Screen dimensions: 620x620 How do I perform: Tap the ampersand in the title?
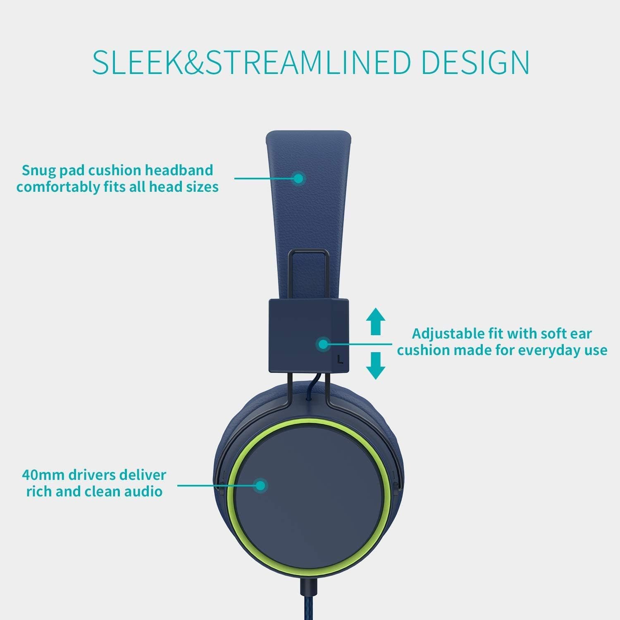(186, 62)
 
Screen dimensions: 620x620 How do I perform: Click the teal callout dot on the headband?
(298, 178)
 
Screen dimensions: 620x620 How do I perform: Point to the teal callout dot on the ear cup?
(260, 485)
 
